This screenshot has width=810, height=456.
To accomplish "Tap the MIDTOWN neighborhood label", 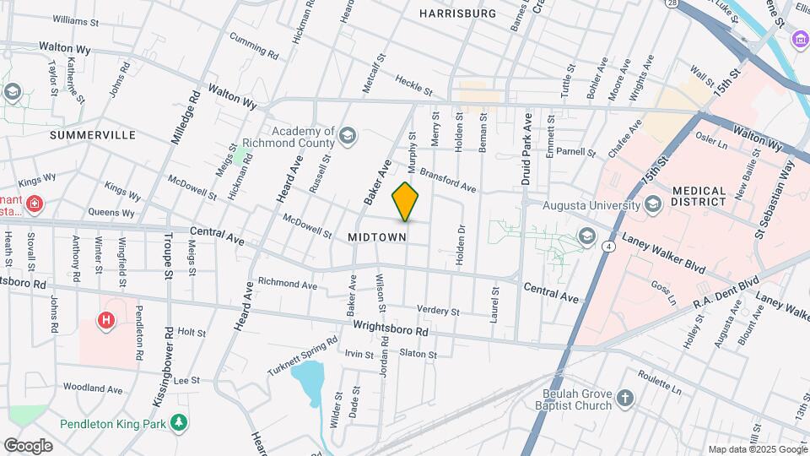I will (x=377, y=237).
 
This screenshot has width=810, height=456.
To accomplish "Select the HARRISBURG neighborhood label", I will (x=457, y=14).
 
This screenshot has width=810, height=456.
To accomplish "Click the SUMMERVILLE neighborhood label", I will (x=93, y=134).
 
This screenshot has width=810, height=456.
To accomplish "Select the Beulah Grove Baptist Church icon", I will (x=624, y=398).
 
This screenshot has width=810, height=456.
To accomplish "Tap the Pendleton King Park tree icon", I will (x=178, y=421).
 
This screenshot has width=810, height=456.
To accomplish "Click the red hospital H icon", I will (x=106, y=320).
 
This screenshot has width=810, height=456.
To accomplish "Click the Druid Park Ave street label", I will (x=526, y=149).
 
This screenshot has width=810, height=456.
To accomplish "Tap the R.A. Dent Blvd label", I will (x=726, y=292).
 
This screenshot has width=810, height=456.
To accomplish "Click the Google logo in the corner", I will (x=28, y=445).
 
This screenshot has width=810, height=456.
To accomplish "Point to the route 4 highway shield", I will (x=607, y=247).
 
